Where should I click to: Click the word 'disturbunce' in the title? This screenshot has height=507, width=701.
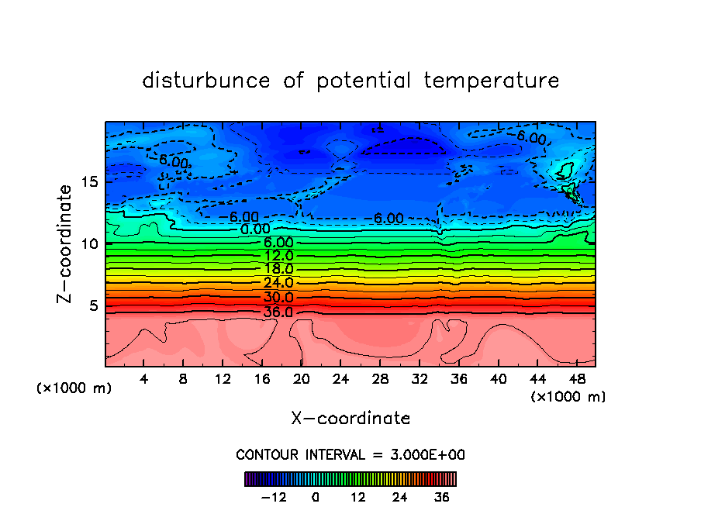coord(206,81)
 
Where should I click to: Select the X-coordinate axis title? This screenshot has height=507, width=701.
coord(350,419)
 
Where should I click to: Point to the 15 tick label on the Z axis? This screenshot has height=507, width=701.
coord(90,181)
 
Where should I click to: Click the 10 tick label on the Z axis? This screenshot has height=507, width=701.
coord(90,243)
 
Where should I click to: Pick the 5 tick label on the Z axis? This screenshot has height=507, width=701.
coord(94,305)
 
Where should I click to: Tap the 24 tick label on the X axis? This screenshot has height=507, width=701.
coord(340,379)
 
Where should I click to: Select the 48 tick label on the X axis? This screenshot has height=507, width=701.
coord(576,379)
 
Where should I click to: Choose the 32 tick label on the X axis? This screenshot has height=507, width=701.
coord(419,379)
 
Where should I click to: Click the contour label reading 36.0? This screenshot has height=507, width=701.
coord(278,312)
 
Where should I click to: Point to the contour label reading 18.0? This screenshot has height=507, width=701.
coord(278,269)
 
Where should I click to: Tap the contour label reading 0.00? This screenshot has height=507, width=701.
coord(255,229)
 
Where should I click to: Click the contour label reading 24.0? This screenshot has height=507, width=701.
coord(278,283)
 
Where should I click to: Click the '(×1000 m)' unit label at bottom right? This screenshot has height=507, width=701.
coord(568,397)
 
